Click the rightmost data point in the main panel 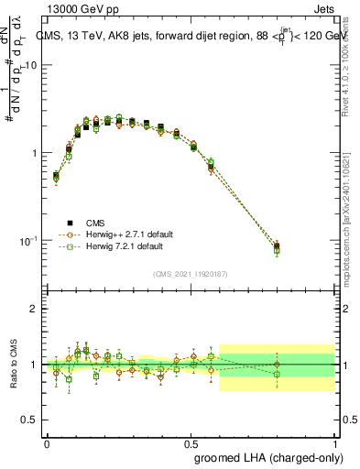click(277, 246)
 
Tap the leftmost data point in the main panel click(56, 176)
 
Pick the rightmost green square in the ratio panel click(277, 374)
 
